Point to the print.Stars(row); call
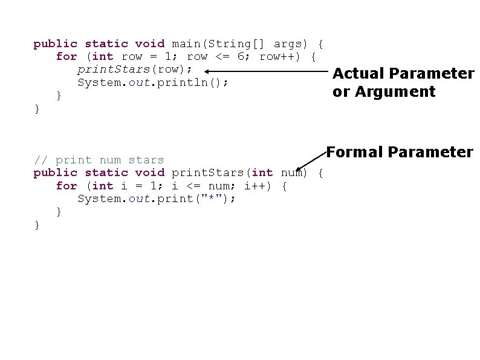(x=135, y=70)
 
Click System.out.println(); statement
(x=153, y=83)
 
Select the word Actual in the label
(x=360, y=74)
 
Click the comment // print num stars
(x=99, y=160)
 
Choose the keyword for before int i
(x=66, y=186)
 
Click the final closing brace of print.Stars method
(x=37, y=225)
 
